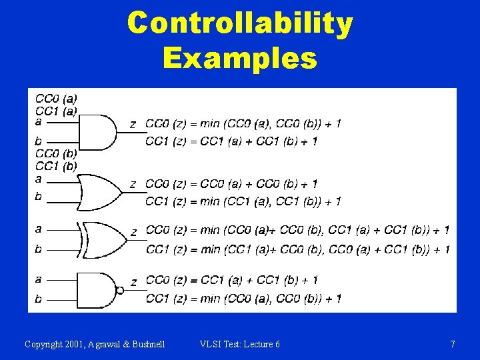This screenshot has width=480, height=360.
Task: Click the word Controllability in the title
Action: [240, 24]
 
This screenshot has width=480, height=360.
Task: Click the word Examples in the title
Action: [240, 58]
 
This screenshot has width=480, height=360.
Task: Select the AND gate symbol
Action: [96, 132]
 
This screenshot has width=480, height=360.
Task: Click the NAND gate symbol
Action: [97, 290]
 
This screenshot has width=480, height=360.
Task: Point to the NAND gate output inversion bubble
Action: [120, 290]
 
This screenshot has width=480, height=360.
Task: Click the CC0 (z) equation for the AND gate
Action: [243, 123]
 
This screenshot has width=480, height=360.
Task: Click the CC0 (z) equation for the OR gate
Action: [231, 183]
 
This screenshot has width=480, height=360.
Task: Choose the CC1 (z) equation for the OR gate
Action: [243, 201]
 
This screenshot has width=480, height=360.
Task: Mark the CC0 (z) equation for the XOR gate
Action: [297, 230]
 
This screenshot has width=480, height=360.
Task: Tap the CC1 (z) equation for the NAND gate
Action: [243, 299]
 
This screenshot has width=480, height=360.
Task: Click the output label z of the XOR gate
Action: [133, 232]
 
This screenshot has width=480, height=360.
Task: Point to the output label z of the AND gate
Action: [133, 124]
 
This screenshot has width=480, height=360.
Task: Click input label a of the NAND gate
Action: [38, 279]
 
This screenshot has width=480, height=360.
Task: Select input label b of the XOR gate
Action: [38, 249]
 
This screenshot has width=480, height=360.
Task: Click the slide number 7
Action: [453, 344]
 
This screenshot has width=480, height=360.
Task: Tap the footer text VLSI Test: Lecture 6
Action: [240, 344]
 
